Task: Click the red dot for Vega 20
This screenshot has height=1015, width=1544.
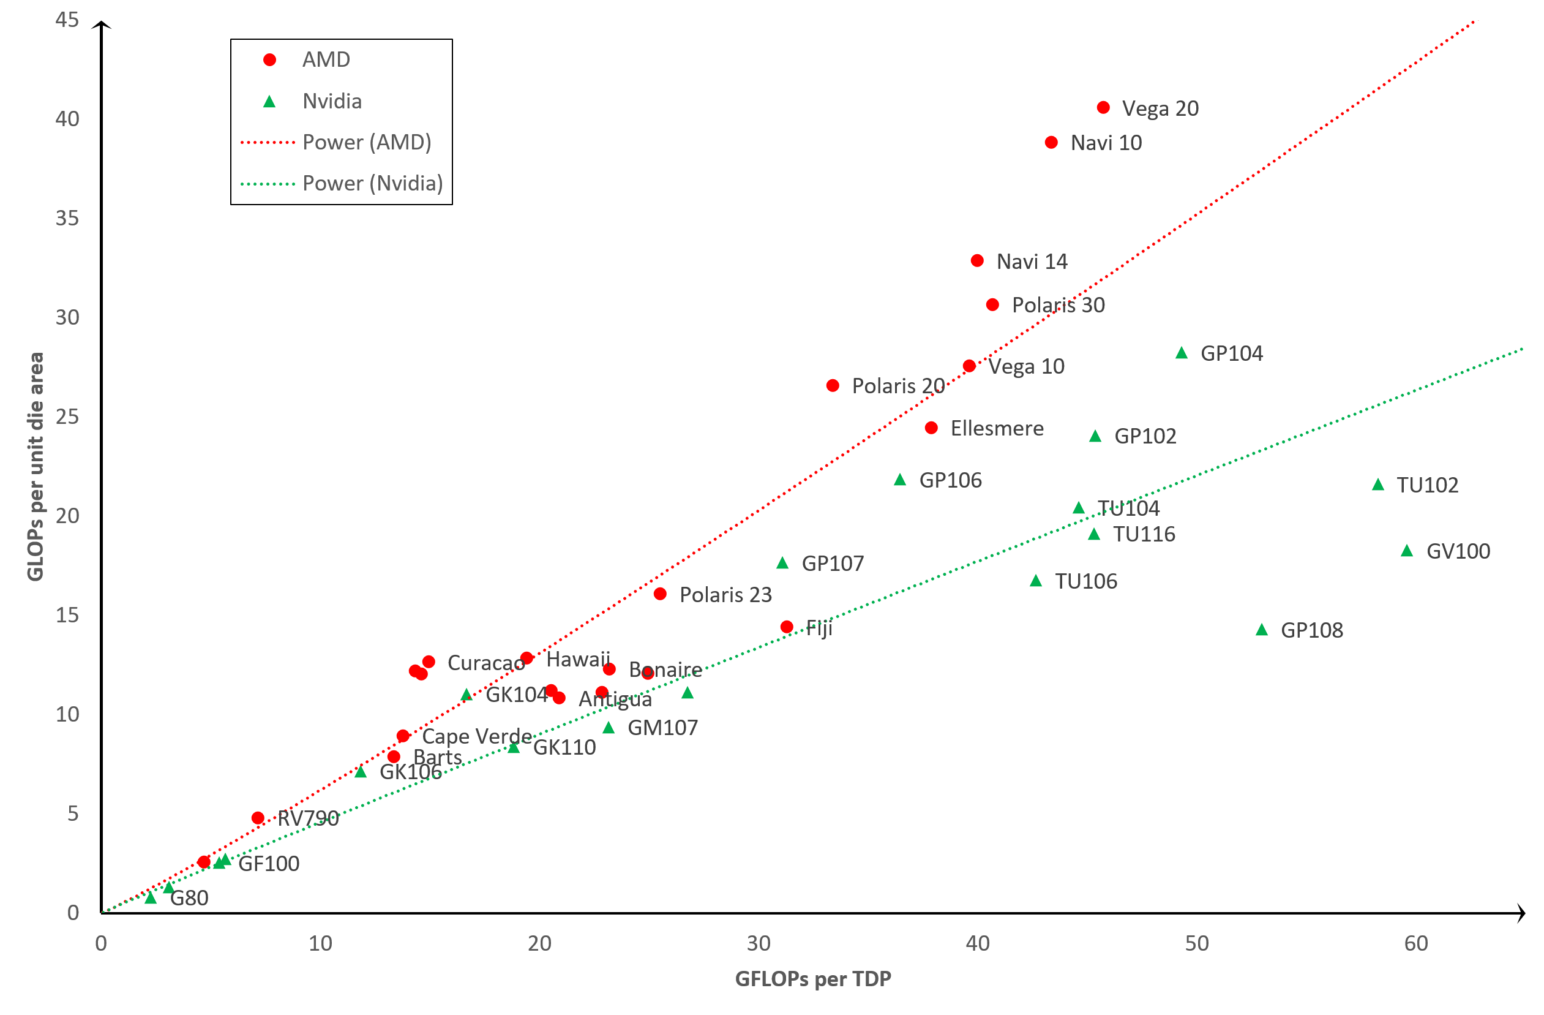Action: [x=1103, y=108]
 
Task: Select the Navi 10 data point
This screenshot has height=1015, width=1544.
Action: [x=1052, y=143]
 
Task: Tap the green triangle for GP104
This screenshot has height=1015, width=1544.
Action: [x=1182, y=353]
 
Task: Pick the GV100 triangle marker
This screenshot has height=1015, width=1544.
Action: [x=1407, y=551]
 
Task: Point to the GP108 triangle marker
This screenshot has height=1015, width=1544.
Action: [x=1262, y=630]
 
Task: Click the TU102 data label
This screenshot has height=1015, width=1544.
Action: [x=1427, y=485]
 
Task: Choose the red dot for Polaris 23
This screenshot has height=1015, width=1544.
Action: [x=660, y=594]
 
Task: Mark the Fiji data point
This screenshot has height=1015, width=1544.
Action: [x=786, y=627]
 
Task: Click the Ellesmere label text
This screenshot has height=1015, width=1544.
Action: [x=997, y=428]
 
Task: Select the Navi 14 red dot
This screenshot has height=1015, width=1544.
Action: [x=977, y=261]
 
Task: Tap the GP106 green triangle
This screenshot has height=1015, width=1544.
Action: [x=900, y=480]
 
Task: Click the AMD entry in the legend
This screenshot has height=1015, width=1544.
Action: [x=326, y=59]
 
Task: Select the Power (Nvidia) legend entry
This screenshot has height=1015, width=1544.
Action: [x=372, y=184]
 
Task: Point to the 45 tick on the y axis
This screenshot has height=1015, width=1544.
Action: [x=67, y=20]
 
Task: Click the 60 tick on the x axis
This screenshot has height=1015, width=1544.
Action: [x=1415, y=943]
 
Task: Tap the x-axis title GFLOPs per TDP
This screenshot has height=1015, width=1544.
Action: [x=813, y=979]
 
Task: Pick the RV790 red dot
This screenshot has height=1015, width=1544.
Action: [x=258, y=818]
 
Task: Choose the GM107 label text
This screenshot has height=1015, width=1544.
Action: [x=662, y=728]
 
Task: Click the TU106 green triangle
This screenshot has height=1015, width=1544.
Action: [x=1036, y=581]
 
